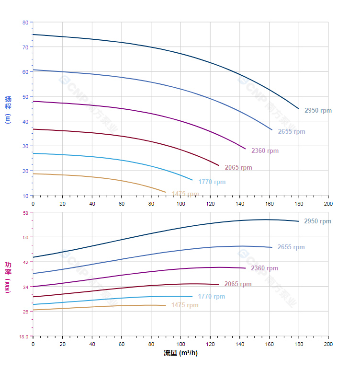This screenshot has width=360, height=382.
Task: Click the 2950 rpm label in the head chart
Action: (318, 111)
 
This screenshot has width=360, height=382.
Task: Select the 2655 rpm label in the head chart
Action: (292, 132)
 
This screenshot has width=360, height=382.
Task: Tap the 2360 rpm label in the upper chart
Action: (265, 151)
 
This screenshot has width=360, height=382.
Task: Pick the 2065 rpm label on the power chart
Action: (238, 284)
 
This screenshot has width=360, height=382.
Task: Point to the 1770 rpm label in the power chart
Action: (211, 297)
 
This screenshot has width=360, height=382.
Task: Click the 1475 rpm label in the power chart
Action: (185, 305)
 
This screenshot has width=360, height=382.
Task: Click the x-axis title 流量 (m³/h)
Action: (180, 353)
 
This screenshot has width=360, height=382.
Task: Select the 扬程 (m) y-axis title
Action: (8, 109)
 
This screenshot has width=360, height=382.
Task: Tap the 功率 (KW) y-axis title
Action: (8, 277)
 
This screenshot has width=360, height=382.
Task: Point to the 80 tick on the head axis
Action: (25, 23)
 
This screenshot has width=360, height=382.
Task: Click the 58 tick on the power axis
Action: (25, 212)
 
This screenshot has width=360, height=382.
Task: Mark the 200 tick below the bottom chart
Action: (328, 344)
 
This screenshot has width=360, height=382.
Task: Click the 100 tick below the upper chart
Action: (180, 204)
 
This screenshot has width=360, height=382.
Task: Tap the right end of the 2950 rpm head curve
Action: (299, 109)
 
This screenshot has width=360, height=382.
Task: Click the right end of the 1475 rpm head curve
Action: (166, 192)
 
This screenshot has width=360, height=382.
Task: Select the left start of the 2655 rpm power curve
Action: (33, 274)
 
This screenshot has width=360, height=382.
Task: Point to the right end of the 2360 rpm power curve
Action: (246, 268)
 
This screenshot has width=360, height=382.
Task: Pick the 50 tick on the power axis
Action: (25, 237)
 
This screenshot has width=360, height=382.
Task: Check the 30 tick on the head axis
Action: (25, 146)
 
